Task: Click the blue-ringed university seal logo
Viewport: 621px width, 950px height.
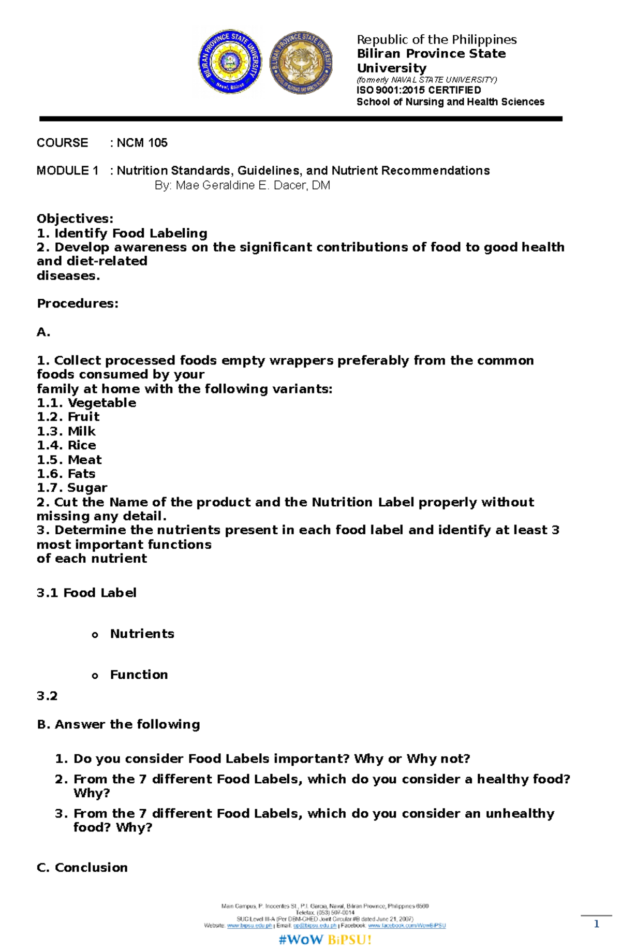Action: click(230, 62)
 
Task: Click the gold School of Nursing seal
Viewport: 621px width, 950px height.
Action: click(301, 62)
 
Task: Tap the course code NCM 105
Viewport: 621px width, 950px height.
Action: click(142, 143)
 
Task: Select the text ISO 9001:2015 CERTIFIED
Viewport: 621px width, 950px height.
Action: click(418, 90)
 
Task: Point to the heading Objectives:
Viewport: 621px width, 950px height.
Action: click(75, 219)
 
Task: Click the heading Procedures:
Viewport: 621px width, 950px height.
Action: click(78, 303)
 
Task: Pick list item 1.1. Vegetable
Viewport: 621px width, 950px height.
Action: click(86, 403)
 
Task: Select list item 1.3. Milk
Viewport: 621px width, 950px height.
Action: click(66, 431)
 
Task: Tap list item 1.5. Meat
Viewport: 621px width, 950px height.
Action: click(69, 460)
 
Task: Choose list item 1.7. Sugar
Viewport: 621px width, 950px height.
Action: click(72, 488)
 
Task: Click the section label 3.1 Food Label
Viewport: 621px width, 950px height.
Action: click(86, 593)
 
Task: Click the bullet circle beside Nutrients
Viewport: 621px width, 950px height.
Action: click(95, 635)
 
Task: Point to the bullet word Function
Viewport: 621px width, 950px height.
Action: click(139, 675)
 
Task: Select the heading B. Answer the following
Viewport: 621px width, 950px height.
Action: click(119, 724)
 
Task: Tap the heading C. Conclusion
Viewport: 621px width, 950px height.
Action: click(82, 867)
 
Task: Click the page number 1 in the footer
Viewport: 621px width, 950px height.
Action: click(596, 924)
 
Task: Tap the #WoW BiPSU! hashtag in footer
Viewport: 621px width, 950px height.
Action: click(325, 940)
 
